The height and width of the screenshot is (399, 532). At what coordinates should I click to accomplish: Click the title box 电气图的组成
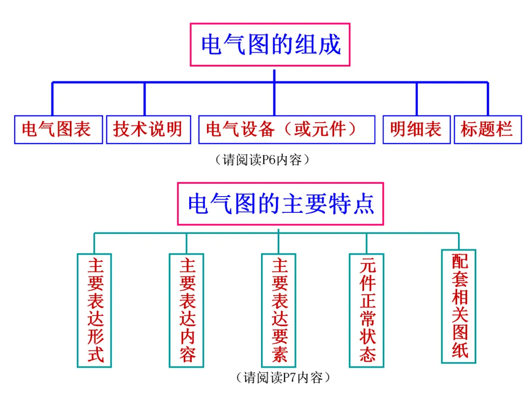[270, 44]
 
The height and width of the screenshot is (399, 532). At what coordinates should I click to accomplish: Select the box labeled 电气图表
[58, 130]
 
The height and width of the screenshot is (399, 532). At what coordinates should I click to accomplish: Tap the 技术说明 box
[149, 130]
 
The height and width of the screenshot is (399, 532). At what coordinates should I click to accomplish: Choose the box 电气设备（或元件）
[287, 130]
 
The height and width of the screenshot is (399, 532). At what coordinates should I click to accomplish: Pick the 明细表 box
[417, 130]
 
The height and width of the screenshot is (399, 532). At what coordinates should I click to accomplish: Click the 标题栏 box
[488, 130]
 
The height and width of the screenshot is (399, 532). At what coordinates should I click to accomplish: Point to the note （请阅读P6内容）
[262, 160]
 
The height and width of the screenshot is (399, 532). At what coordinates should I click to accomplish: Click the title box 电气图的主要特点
[281, 203]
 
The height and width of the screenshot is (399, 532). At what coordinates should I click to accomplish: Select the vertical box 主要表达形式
[94, 310]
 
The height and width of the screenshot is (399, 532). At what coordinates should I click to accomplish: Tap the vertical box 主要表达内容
[187, 310]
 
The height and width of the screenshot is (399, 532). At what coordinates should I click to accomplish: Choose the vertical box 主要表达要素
[278, 310]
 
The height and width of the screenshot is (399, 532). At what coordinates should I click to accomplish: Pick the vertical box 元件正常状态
[366, 310]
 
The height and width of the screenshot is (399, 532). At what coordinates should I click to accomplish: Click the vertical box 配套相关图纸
[459, 306]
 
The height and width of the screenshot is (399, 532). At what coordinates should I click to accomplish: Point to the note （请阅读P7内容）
[283, 377]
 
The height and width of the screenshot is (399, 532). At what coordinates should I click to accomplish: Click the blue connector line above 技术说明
[144, 99]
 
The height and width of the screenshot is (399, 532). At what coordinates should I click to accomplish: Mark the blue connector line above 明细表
[417, 99]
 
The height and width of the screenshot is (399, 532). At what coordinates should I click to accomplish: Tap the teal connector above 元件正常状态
[366, 243]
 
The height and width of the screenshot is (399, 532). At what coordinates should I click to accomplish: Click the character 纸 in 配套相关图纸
[460, 350]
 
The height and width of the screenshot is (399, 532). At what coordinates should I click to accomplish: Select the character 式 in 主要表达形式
[96, 355]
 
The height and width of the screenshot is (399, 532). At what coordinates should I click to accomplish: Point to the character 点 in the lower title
[364, 204]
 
